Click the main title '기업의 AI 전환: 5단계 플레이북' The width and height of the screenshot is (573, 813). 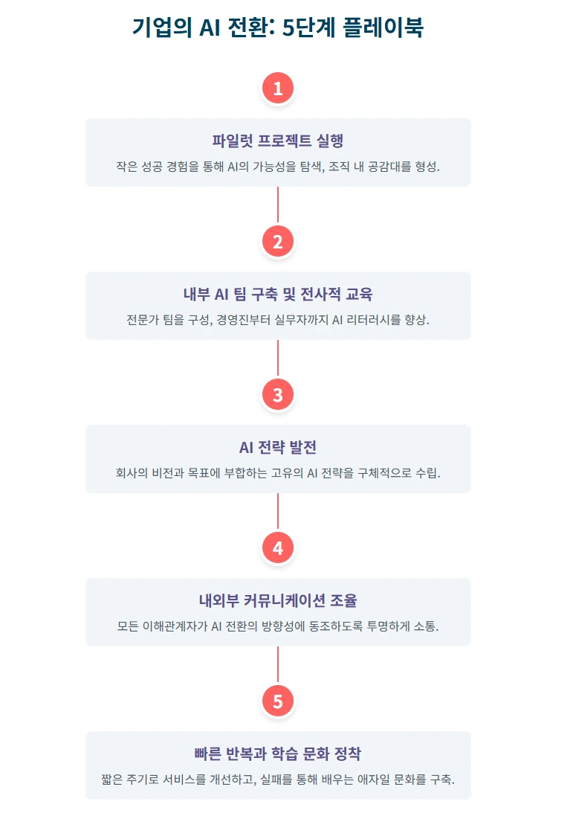[278, 28]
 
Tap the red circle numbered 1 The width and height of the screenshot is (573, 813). [278, 89]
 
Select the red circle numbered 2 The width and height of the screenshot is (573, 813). [278, 242]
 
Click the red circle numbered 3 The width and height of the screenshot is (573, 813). [278, 396]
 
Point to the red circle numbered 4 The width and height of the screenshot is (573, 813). [278, 549]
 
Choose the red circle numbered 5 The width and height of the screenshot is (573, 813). [278, 702]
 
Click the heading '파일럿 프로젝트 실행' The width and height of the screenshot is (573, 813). [278, 141]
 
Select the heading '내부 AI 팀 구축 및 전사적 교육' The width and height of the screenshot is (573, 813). [278, 295]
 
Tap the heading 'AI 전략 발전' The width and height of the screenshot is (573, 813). [278, 448]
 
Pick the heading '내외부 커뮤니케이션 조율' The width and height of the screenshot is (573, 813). [278, 601]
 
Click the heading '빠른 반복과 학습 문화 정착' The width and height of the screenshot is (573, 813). [278, 754]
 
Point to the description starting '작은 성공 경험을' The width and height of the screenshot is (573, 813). [278, 166]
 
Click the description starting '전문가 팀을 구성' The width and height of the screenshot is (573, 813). [278, 320]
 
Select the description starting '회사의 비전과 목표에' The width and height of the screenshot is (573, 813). [278, 473]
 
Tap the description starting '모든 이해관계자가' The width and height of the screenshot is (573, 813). [278, 626]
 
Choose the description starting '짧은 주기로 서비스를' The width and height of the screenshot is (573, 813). [278, 780]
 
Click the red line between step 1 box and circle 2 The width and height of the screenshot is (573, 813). [278, 205]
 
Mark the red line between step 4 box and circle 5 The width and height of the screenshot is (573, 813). [278, 664]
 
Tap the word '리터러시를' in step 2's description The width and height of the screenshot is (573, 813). [364, 320]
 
